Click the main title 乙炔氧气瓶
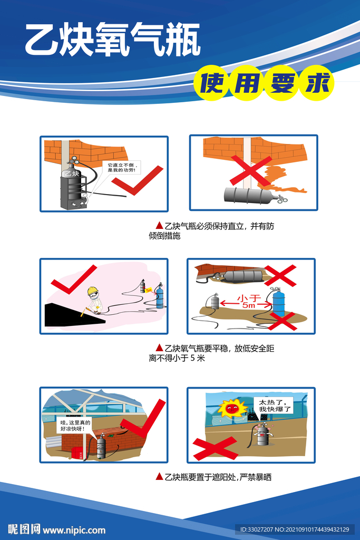(113, 40)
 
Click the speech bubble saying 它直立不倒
(121, 167)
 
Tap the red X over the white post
(250, 170)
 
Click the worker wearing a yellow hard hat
(93, 300)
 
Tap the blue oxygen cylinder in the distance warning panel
(278, 305)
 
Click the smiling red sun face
(230, 408)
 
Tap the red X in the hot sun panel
(215, 447)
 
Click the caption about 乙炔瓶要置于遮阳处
(213, 477)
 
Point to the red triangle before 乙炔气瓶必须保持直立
(159, 226)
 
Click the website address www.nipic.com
(74, 530)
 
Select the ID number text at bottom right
(294, 529)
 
